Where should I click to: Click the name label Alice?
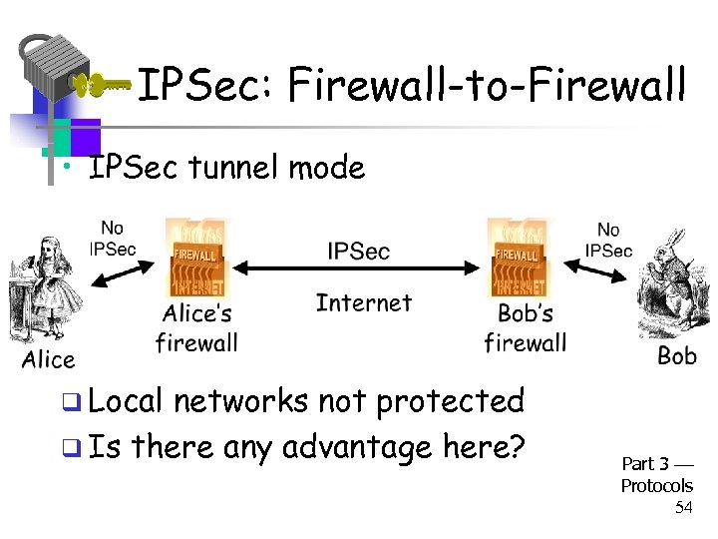48,359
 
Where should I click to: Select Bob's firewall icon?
519,257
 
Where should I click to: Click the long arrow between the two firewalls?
359,268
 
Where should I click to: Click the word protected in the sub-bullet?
454,400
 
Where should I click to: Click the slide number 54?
683,508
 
